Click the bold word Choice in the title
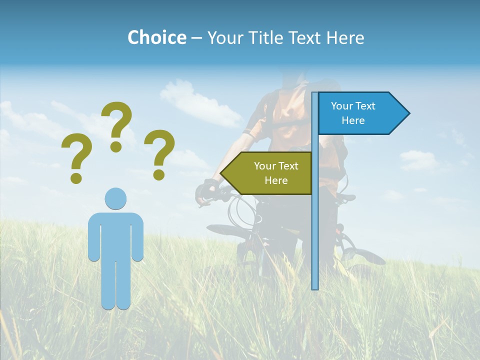[156, 37]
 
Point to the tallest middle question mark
[117, 120]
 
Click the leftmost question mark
[76, 155]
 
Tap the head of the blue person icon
[115, 198]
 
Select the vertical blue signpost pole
[314, 225]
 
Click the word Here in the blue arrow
[353, 120]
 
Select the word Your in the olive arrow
[264, 166]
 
